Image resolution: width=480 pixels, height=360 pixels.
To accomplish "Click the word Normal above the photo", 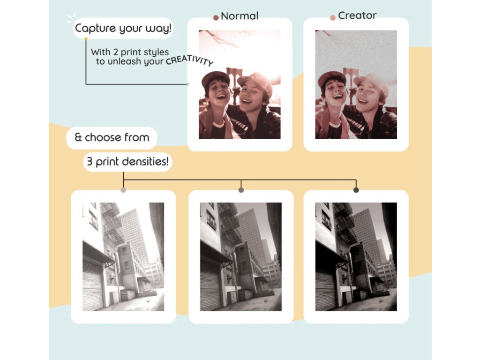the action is tap(240, 16).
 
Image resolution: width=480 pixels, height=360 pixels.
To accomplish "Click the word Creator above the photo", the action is tap(358, 15).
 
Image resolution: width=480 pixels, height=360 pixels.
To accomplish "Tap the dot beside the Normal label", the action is tap(216, 18).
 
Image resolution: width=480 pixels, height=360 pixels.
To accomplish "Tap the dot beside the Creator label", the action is tap(332, 18).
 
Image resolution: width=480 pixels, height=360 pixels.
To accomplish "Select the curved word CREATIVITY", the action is tap(189, 60).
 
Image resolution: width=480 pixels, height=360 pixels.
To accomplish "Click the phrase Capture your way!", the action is tap(123, 28).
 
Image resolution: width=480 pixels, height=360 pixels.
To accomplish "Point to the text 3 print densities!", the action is tap(127, 162).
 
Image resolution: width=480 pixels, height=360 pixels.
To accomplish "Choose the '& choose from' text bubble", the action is tap(112, 137).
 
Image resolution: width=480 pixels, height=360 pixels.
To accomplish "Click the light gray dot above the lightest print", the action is tap(123, 190).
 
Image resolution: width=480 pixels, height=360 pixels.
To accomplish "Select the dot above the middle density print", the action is tap(241, 190).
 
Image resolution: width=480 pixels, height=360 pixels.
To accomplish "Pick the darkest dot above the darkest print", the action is tap(356, 190).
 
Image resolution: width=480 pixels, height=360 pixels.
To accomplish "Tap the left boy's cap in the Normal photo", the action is tap(215, 77).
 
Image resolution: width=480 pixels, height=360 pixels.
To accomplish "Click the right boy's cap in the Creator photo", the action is tap(371, 81).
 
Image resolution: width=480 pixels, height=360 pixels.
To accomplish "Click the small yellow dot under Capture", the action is tap(86, 39).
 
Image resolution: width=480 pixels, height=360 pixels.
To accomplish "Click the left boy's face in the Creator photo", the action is tap(333, 92).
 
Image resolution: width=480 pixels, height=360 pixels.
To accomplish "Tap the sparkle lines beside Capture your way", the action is tap(71, 18).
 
